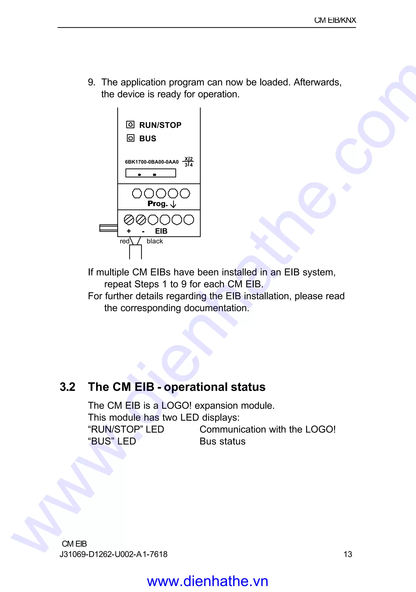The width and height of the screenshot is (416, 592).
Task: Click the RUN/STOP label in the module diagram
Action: [160, 125]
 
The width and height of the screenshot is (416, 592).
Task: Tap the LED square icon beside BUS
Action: [131, 138]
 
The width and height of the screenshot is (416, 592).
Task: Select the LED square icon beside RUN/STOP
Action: [130, 125]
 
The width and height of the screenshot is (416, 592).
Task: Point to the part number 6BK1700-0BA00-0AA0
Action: [152, 162]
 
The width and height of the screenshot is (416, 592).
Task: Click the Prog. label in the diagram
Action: [157, 204]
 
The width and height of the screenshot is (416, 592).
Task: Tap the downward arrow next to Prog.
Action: [173, 204]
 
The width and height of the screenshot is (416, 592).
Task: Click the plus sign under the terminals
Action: [129, 231]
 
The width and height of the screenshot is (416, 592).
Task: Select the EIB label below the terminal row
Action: [161, 231]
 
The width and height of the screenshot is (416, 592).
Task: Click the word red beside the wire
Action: [125, 241]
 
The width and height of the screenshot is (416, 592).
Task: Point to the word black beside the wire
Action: [155, 241]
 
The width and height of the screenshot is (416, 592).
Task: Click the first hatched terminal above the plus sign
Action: [129, 220]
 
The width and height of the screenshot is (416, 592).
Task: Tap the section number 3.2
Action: [67, 387]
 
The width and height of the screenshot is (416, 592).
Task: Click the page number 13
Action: [348, 554]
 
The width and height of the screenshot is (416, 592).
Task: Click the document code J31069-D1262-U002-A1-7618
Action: [113, 554]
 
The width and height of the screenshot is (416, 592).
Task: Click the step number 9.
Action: [91, 82]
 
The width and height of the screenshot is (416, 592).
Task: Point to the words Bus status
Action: [222, 441]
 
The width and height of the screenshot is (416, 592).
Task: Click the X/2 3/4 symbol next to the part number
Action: [188, 162]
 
